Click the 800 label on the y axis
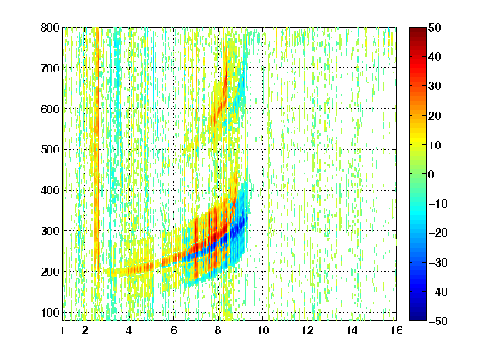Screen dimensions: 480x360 click(50, 27)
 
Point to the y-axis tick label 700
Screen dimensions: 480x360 click(50, 68)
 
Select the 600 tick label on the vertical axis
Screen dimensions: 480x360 click(50, 109)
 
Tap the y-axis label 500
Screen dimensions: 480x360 click(50, 150)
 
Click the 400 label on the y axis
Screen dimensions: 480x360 click(50, 190)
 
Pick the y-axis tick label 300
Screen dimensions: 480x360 click(50, 231)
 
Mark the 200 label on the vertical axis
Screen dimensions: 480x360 click(50, 272)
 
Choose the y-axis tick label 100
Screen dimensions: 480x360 click(50, 312)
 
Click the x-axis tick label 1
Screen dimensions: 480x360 click(62, 330)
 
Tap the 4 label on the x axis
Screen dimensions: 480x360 click(129, 330)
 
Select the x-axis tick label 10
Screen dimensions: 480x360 click(263, 330)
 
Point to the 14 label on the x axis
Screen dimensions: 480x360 click(352, 330)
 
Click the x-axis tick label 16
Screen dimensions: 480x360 click(397, 330)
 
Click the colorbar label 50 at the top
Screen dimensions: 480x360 click(434, 27)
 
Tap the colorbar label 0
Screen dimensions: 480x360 click(432, 174)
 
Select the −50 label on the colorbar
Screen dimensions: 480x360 click(437, 321)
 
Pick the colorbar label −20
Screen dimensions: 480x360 click(437, 232)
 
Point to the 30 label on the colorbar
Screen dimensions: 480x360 click(434, 87)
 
